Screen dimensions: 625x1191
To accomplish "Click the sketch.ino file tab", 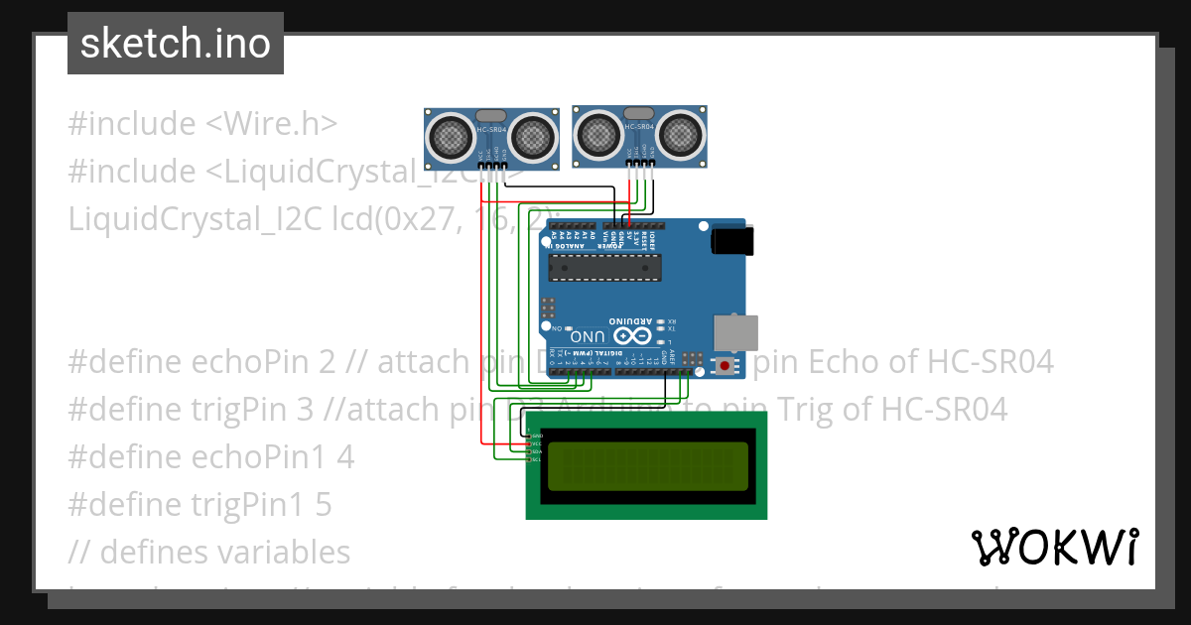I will click(x=176, y=44).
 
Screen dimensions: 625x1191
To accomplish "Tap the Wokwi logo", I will click(x=1054, y=547).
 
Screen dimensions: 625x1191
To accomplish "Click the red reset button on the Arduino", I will click(x=726, y=367).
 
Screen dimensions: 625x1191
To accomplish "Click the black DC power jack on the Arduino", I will click(x=732, y=241).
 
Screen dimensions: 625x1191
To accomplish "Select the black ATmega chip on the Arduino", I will click(x=605, y=266).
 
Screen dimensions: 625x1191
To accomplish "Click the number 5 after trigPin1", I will click(x=324, y=505).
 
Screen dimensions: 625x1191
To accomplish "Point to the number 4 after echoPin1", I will click(x=345, y=457).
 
